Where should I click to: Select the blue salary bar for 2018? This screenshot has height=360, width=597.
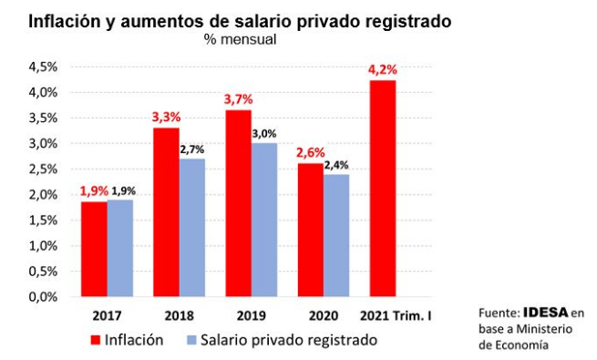click(191, 228)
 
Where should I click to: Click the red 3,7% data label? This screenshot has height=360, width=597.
click(239, 98)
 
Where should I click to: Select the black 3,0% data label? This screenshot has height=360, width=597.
click(265, 133)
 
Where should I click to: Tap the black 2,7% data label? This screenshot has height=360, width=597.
click(193, 149)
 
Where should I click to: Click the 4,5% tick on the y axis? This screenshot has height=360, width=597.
click(43, 67)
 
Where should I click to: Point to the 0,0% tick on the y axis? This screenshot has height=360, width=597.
click(43, 297)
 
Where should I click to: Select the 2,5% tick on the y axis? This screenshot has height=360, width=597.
click(43, 169)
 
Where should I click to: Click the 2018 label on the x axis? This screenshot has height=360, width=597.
click(179, 315)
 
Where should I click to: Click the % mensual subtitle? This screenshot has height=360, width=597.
click(240, 39)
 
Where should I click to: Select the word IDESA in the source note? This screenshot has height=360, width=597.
click(546, 313)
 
